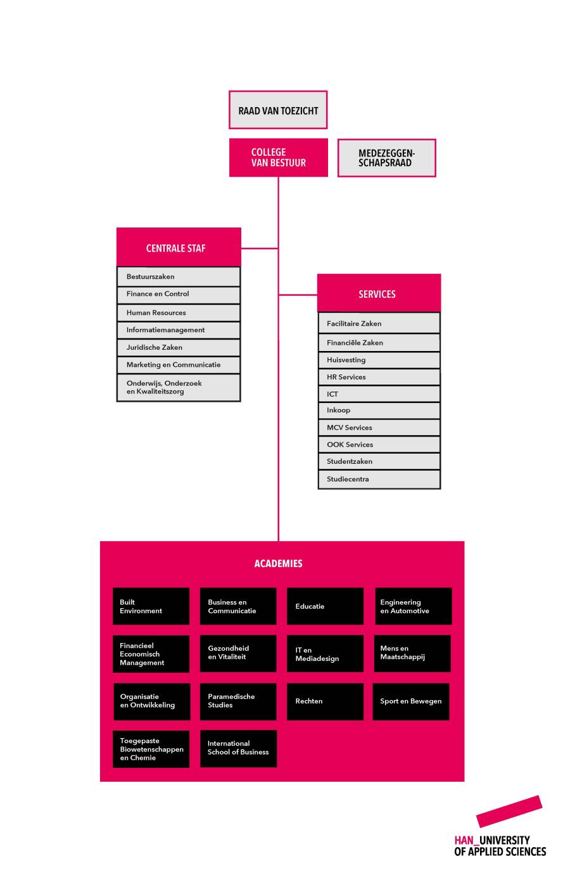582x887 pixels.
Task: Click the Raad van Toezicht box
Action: point(278,110)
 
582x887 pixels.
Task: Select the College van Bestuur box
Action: point(278,157)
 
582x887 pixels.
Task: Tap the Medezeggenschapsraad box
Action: point(386,158)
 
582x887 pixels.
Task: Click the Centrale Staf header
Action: point(179,246)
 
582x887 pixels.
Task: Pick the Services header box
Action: point(379,293)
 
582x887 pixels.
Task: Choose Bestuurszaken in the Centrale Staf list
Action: point(179,276)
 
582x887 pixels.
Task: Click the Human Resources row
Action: point(179,312)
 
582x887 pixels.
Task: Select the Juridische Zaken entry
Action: point(179,347)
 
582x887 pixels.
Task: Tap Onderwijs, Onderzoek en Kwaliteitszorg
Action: point(179,387)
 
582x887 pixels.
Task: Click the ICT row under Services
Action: point(379,394)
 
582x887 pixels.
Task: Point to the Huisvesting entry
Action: point(379,360)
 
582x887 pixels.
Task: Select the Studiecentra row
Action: point(379,479)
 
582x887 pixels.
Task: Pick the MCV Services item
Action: point(379,428)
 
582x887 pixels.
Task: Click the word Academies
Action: point(278,563)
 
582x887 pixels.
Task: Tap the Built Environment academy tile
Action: point(151,606)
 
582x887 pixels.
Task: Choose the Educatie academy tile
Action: point(325,606)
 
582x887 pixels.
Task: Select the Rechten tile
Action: point(325,701)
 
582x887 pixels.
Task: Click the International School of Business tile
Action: point(238,748)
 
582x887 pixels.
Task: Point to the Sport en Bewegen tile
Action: point(411,701)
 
